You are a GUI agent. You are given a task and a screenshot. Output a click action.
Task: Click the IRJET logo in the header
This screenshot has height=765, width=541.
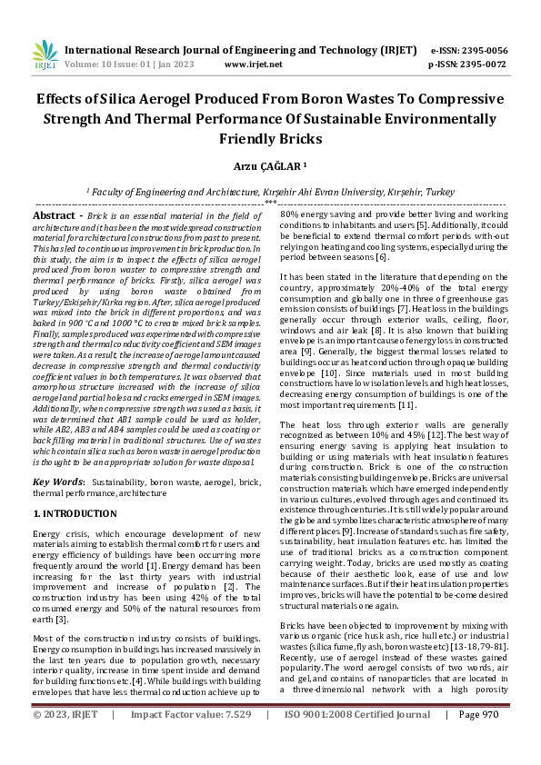point(45,57)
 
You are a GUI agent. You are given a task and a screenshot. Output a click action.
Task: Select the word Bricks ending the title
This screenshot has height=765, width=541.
point(270,138)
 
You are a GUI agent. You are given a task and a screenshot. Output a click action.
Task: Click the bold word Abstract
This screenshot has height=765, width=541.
point(57,215)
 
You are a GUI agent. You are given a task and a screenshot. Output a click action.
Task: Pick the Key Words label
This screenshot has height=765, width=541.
point(59,482)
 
